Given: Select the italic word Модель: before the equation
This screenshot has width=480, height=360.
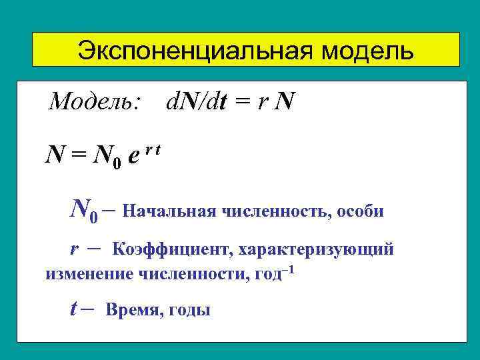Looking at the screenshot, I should [x=95, y=102].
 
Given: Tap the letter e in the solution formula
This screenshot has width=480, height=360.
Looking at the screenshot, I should [x=133, y=157].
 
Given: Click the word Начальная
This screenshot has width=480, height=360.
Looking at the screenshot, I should [x=167, y=211].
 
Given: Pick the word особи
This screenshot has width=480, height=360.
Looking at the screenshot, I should [x=361, y=211].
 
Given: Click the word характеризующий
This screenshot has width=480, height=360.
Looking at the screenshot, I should [x=314, y=250].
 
